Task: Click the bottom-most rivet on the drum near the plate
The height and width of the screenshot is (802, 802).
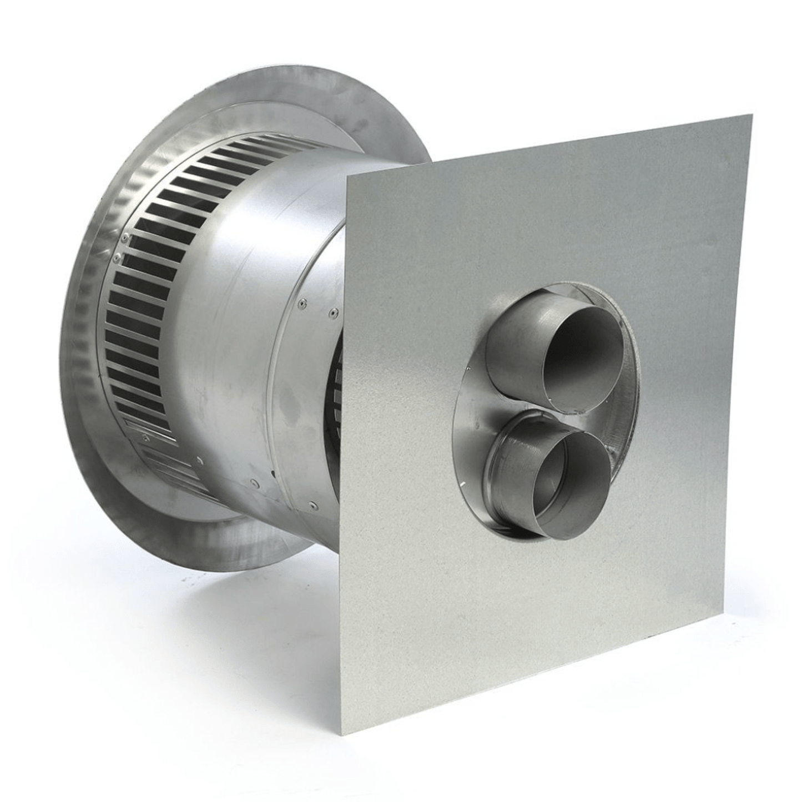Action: pyautogui.click(x=314, y=505)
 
